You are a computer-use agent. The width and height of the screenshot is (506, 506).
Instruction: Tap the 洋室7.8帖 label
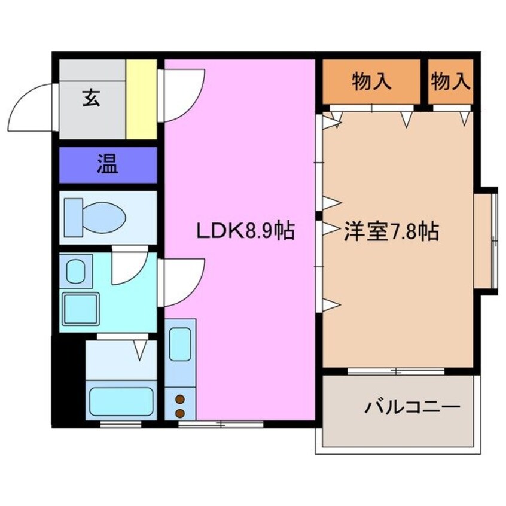coord(391,231)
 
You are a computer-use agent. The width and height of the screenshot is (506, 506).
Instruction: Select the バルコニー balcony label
coord(413,408)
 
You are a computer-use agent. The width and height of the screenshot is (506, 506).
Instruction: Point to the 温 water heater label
coord(108,164)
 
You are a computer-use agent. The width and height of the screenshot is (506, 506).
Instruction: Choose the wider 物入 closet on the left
coord(372,81)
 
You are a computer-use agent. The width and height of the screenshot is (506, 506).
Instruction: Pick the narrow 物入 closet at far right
coord(451,81)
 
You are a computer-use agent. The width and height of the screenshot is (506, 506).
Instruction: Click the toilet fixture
coord(96,217)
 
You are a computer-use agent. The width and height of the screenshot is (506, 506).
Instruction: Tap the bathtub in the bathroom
coord(121,401)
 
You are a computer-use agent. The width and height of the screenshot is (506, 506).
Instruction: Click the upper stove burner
coord(179,399)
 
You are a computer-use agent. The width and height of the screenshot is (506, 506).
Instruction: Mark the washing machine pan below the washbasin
coord(81,309)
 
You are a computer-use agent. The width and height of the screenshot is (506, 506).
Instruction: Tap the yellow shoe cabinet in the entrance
coord(141,99)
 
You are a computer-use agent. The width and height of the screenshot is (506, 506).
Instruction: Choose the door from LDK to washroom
coord(182,281)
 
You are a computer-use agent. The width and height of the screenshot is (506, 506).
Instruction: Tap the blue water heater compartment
coord(108,164)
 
